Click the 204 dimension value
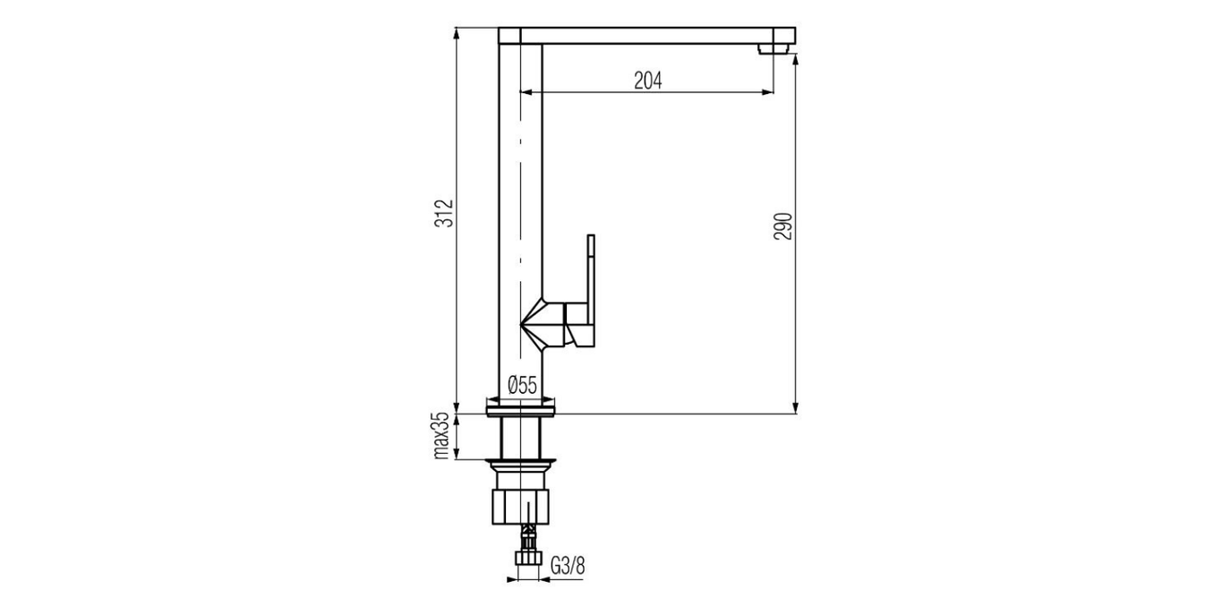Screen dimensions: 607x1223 pos(647,81)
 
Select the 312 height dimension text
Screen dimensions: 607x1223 pos(445,214)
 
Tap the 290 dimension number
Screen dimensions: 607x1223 pos(783,227)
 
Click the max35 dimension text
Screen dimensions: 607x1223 pos(441,437)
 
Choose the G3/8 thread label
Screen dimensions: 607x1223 pos(568,566)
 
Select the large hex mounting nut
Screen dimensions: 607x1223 pos(520,506)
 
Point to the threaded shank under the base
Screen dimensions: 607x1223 pos(521,439)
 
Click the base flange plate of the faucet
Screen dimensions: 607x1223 pos(521,410)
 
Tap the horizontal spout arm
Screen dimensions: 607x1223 pos(645,35)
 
